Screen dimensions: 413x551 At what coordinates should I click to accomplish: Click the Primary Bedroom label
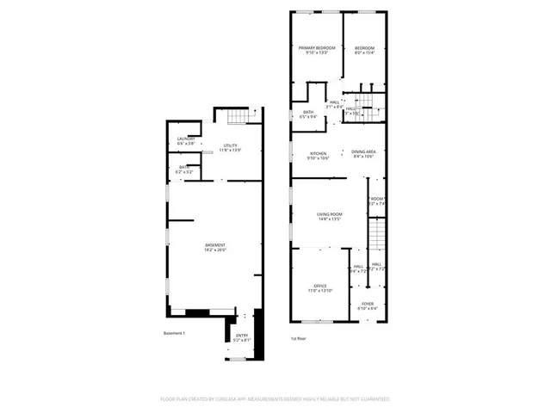pyautogui.click(x=317, y=48)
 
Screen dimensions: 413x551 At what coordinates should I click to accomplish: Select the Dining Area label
pyautogui.click(x=363, y=151)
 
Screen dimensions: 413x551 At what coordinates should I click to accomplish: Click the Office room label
pyautogui.click(x=319, y=286)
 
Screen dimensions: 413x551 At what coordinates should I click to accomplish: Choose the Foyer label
pyautogui.click(x=368, y=304)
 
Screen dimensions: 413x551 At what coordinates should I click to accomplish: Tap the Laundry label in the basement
pyautogui.click(x=186, y=139)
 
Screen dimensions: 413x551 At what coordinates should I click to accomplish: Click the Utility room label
pyautogui.click(x=230, y=145)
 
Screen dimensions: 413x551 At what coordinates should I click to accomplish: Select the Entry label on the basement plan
pyautogui.click(x=242, y=336)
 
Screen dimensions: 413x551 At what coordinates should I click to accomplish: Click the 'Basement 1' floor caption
pyautogui.click(x=175, y=333)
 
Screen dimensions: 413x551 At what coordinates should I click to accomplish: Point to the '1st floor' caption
pyautogui.click(x=299, y=338)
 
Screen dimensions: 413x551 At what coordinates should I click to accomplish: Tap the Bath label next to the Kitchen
pyautogui.click(x=308, y=112)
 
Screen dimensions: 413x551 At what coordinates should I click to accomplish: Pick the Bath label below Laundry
pyautogui.click(x=184, y=167)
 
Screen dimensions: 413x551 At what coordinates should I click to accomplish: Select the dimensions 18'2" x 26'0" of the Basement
pyautogui.click(x=215, y=250)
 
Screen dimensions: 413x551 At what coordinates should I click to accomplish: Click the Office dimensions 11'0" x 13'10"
pyautogui.click(x=319, y=291)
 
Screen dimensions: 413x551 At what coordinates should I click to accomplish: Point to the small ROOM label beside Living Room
pyautogui.click(x=376, y=199)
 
